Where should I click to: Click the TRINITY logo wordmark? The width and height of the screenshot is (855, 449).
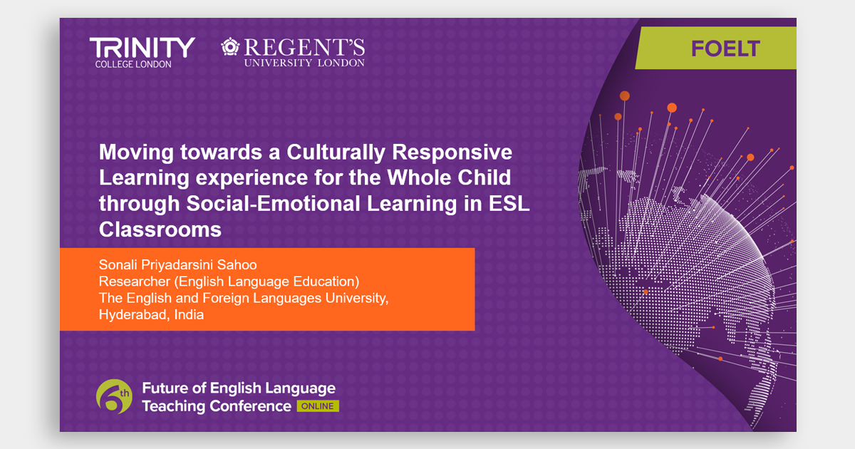pos(142,47)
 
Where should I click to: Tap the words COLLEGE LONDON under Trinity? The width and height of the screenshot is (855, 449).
pos(133,64)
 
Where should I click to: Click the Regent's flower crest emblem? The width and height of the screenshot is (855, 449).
pos(230,46)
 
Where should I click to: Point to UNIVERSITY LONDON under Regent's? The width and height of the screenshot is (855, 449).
pos(304,63)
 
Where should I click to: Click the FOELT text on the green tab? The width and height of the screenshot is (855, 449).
pos(725,48)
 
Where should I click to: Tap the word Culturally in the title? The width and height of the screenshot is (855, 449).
pos(336,153)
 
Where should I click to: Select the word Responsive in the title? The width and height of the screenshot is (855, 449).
pos(452,153)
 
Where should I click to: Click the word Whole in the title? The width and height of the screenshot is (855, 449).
pos(419,177)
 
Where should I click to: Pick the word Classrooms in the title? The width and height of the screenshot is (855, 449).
pos(160,229)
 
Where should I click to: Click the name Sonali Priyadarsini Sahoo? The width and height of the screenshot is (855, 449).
pos(178,265)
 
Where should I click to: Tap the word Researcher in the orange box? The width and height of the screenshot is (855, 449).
pos(135,282)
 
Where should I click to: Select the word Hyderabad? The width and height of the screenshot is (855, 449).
pos(135,315)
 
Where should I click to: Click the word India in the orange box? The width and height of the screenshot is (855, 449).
pos(189,315)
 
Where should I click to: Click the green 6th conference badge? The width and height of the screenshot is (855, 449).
pos(114,397)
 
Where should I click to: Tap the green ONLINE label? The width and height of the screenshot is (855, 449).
pos(318,406)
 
